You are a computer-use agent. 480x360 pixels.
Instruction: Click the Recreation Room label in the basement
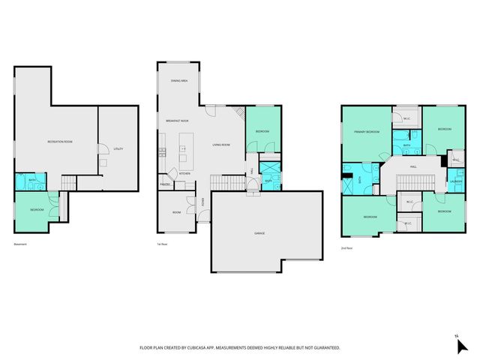point(59,141)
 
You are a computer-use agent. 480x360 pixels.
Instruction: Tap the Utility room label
point(118,148)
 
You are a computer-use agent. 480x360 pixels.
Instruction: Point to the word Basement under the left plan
point(22,244)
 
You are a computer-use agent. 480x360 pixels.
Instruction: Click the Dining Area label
point(178,79)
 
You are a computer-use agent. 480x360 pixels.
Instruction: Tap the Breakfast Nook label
point(177,121)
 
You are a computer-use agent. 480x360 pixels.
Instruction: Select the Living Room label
point(220,145)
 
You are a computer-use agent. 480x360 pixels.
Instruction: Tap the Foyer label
point(201,200)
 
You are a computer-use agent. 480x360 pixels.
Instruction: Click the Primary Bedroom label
point(367,132)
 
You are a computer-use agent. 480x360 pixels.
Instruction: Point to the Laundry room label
point(454,181)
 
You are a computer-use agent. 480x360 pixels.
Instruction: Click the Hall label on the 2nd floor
point(413,166)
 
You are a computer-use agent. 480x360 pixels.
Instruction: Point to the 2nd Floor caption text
point(347,247)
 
